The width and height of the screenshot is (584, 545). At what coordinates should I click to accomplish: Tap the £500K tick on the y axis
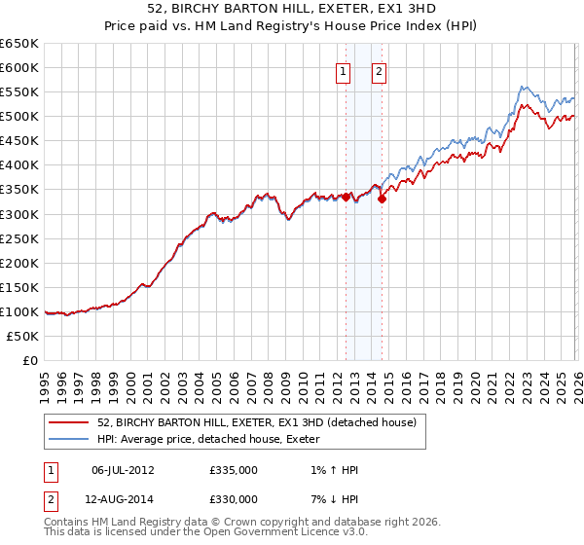(x=19, y=117)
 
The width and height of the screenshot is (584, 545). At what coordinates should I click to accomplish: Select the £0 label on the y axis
(x=30, y=360)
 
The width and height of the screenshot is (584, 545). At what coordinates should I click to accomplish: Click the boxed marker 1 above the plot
(x=344, y=70)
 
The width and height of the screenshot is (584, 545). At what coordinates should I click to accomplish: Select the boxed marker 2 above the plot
(x=379, y=70)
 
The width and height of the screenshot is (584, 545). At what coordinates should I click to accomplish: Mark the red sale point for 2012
(x=346, y=197)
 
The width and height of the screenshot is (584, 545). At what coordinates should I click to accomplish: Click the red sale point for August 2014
(x=382, y=200)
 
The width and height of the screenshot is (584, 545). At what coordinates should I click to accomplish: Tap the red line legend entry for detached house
(x=257, y=422)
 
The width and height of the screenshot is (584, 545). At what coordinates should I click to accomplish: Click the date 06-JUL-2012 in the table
(x=123, y=470)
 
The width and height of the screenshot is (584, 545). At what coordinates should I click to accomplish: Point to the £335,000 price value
(x=233, y=470)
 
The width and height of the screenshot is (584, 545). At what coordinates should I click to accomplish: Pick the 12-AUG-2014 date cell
(x=123, y=499)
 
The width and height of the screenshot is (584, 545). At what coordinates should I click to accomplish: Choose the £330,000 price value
(x=233, y=499)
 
